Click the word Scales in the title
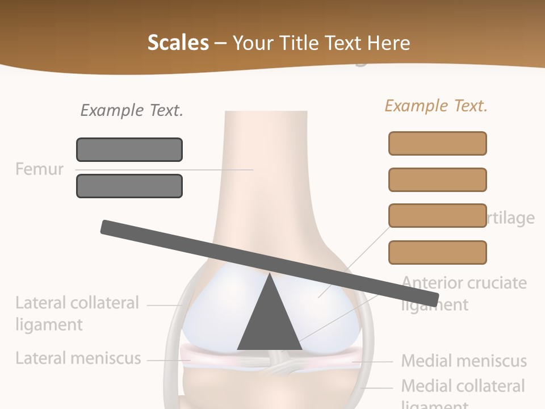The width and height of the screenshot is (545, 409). point(178,43)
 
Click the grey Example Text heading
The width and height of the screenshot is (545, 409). point(132,110)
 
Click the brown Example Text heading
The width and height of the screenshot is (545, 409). point(436,106)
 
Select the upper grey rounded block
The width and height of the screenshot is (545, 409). point(129,149)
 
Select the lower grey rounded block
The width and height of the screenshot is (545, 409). point(129,186)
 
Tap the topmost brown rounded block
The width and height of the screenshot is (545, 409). point(437,143)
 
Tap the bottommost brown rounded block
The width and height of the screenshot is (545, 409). point(437,252)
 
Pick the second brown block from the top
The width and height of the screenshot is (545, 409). point(437,180)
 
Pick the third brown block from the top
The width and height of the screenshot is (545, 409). point(437,216)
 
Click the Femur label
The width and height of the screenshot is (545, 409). point(39,169)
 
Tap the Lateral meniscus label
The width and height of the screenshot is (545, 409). point(78,358)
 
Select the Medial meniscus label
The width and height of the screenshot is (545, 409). point(464,361)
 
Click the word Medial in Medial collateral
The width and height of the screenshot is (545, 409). point(427,386)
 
